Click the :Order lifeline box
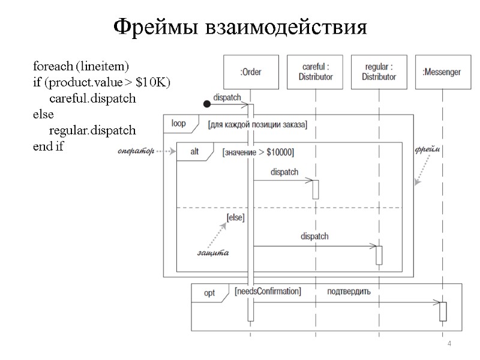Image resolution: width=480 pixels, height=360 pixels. click(250, 73)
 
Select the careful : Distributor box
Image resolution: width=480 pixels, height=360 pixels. click(314, 73)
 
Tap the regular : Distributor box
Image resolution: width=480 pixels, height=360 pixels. click(379, 73)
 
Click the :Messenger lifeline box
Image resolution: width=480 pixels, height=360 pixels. click(442, 73)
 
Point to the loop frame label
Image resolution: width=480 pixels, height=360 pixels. click(178, 124)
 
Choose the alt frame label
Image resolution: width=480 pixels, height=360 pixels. click(194, 152)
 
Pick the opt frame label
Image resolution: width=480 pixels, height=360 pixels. click(209, 293)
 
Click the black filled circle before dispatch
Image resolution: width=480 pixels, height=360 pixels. click(207, 104)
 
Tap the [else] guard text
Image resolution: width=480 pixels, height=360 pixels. click(235, 217)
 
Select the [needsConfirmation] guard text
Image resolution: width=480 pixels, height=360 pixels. click(268, 292)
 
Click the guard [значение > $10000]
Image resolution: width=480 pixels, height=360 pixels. click(258, 152)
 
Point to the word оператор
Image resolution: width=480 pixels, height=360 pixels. click(136, 150)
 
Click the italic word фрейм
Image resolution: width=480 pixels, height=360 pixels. click(428, 149)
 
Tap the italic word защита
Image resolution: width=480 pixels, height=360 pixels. click(213, 253)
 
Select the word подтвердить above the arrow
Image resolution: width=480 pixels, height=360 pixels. click(349, 292)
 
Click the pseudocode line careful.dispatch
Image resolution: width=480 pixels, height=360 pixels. click(92, 98)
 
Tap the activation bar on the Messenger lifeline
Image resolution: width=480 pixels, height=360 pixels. click(443, 311)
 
